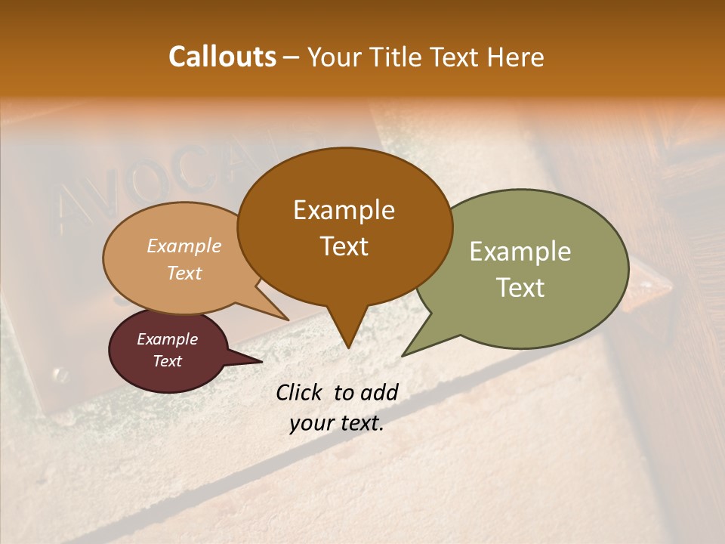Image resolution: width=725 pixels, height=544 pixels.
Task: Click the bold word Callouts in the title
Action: point(222,57)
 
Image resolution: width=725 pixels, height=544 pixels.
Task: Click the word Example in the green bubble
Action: point(520,252)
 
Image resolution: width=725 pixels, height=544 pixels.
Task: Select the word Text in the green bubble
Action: point(520,288)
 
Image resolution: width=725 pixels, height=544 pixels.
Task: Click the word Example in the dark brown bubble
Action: point(344,210)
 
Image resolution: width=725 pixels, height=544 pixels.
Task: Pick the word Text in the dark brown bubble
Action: point(344,246)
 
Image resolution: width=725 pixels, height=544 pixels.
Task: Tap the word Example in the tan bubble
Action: point(184,246)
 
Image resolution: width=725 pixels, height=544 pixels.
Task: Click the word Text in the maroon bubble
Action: point(167,361)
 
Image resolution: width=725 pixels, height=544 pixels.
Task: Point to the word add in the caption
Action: point(379,392)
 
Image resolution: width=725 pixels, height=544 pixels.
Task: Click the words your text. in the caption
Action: point(336,424)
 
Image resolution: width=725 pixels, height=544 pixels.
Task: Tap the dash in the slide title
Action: point(292,57)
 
